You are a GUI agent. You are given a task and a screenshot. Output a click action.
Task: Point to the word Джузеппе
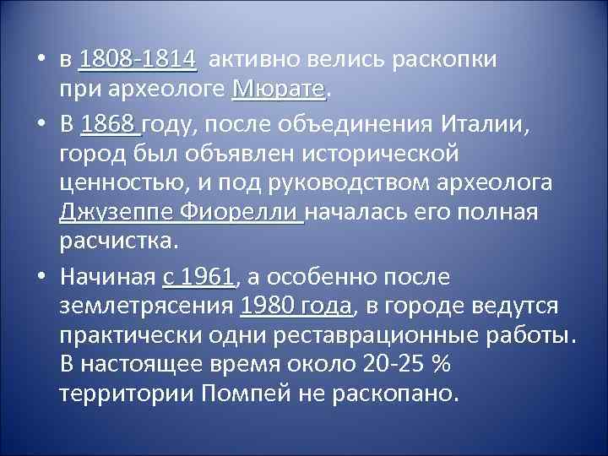tap(116, 211)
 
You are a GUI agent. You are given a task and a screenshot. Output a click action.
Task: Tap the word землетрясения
tap(147, 305)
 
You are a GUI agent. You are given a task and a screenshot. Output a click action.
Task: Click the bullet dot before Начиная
tap(43, 278)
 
